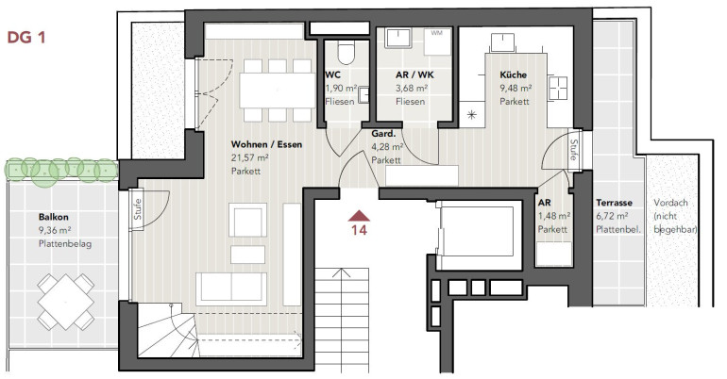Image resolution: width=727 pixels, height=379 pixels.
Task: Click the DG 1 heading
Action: (26, 37)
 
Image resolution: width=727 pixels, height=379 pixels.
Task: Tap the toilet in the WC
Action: (345, 53)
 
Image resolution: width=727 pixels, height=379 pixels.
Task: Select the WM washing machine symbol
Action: (438, 41)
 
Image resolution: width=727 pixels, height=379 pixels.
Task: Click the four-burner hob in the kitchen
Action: (558, 88)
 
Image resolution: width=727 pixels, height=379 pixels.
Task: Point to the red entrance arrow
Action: (360, 216)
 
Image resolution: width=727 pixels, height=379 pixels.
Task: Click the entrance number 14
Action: (360, 230)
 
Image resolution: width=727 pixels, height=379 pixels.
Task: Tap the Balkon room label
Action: (54, 217)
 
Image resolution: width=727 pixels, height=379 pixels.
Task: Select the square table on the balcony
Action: (66, 302)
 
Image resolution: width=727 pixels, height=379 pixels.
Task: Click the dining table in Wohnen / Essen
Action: (278, 91)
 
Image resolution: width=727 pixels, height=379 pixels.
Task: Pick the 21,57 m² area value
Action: (250, 157)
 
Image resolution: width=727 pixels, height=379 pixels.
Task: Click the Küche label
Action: (514, 74)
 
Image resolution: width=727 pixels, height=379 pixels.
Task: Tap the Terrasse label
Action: (615, 203)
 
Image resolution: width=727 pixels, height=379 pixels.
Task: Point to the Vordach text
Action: (670, 203)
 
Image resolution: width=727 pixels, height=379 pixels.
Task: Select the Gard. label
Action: (383, 134)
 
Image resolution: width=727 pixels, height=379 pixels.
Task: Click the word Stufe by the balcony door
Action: (138, 209)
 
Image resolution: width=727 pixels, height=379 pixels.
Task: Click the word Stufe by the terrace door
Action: (573, 150)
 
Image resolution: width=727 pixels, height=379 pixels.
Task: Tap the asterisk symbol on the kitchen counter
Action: (471, 115)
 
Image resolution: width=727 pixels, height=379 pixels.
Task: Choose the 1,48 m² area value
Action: (554, 216)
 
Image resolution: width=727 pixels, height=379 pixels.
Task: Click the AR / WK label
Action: (415, 74)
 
